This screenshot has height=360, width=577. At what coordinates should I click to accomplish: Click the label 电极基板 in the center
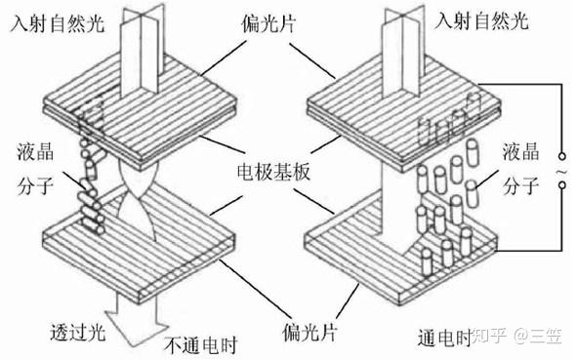tap(273, 172)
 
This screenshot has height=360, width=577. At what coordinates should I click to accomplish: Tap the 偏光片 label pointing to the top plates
tap(268, 23)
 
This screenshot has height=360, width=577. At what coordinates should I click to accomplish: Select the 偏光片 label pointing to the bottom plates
tap(309, 332)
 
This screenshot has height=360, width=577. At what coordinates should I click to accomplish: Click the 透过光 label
tap(78, 333)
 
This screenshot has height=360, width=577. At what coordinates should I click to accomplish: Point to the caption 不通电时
tap(201, 345)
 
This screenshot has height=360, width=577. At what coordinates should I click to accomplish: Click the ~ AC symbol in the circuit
tap(561, 172)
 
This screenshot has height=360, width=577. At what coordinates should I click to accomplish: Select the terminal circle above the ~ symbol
tap(561, 156)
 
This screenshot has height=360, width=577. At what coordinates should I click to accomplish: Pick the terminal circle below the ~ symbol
tap(561, 184)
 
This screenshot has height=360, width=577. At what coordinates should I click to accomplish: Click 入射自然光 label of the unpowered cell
tap(59, 23)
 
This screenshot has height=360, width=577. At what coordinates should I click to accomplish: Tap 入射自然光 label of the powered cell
tap(481, 20)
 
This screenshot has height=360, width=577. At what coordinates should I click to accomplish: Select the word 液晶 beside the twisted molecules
tap(35, 151)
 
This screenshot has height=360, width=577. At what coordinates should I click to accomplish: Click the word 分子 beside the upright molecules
tap(521, 185)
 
